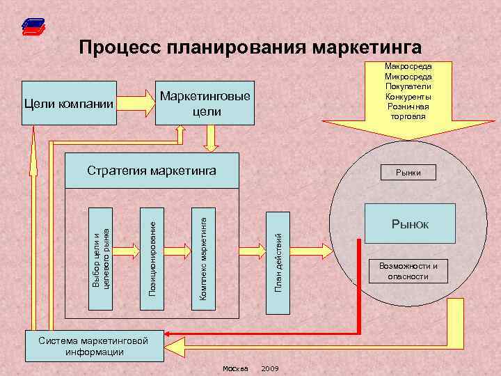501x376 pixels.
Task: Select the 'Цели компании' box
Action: (x=67, y=104)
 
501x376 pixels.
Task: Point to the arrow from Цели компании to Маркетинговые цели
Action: (x=135, y=104)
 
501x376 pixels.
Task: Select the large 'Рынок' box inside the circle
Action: (x=410, y=224)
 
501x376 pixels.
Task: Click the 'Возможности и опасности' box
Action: (x=408, y=271)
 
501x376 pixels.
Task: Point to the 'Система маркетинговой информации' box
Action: (x=95, y=346)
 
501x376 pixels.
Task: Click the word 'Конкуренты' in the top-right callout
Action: (x=408, y=97)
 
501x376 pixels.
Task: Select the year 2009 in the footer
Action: (x=270, y=368)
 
